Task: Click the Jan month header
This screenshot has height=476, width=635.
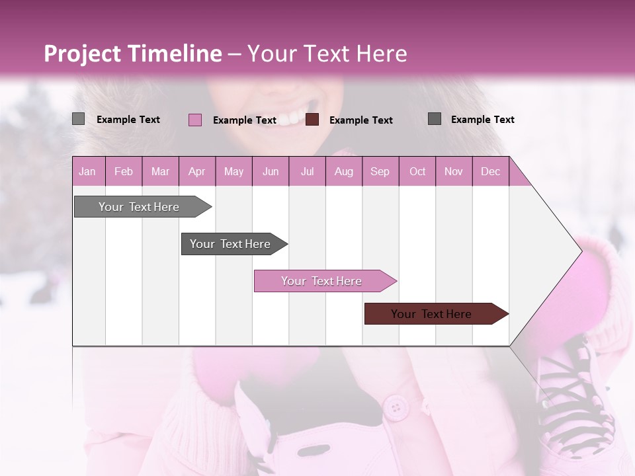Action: coord(87,171)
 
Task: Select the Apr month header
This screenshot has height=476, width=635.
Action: coord(196,171)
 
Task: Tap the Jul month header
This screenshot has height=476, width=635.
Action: coord(307,171)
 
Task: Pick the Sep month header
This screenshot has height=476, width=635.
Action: coord(380,171)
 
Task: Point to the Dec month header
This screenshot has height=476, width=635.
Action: coord(490,171)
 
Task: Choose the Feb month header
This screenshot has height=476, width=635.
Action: coord(124,171)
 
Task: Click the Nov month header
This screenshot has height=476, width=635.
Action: coord(453,171)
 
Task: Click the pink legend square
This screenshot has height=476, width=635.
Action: coord(195,120)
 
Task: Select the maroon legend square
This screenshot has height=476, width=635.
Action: coord(312,120)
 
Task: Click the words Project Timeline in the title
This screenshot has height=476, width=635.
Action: coord(133,54)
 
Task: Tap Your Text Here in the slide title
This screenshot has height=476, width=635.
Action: coord(327,54)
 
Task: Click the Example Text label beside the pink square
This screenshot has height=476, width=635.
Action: coord(244,120)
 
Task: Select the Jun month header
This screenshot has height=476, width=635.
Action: coord(271,171)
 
